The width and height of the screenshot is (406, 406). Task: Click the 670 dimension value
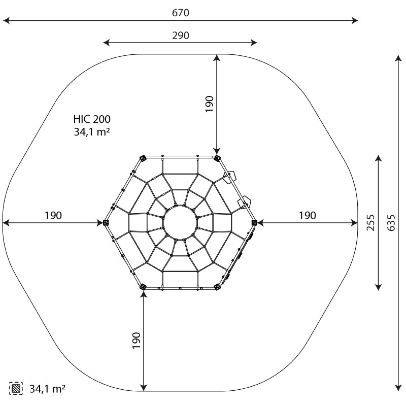(x=181, y=13)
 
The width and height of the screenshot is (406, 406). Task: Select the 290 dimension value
(x=181, y=36)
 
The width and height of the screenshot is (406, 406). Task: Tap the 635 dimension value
(x=391, y=223)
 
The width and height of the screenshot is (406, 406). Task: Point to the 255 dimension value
(x=371, y=223)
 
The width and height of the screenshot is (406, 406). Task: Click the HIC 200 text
(x=92, y=119)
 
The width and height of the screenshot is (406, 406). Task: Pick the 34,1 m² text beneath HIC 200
(x=92, y=132)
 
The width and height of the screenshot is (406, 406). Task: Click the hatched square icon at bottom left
(x=16, y=388)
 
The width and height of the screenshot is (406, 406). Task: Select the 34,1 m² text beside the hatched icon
(x=47, y=389)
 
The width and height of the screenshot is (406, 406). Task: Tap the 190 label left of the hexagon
(x=53, y=215)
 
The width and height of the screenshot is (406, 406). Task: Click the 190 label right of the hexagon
(x=308, y=215)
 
